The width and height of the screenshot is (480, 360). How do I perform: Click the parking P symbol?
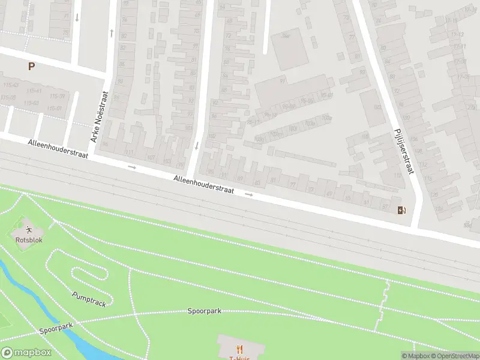tap(31, 67)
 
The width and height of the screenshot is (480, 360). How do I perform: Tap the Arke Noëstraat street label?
tap(98, 116)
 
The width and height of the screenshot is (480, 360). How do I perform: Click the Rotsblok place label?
tap(29, 240)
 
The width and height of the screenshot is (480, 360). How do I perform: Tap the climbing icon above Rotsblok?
tap(29, 229)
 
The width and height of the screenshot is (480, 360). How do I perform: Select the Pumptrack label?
tap(89, 299)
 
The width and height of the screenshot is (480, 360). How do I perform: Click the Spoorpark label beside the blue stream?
tap(56, 328)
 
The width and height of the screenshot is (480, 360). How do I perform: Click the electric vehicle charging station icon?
tap(401, 209)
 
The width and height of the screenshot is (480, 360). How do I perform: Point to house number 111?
tap(128, 152)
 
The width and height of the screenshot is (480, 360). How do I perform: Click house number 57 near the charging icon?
tap(385, 206)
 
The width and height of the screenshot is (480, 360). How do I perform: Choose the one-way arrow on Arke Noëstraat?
tap(112, 32)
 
